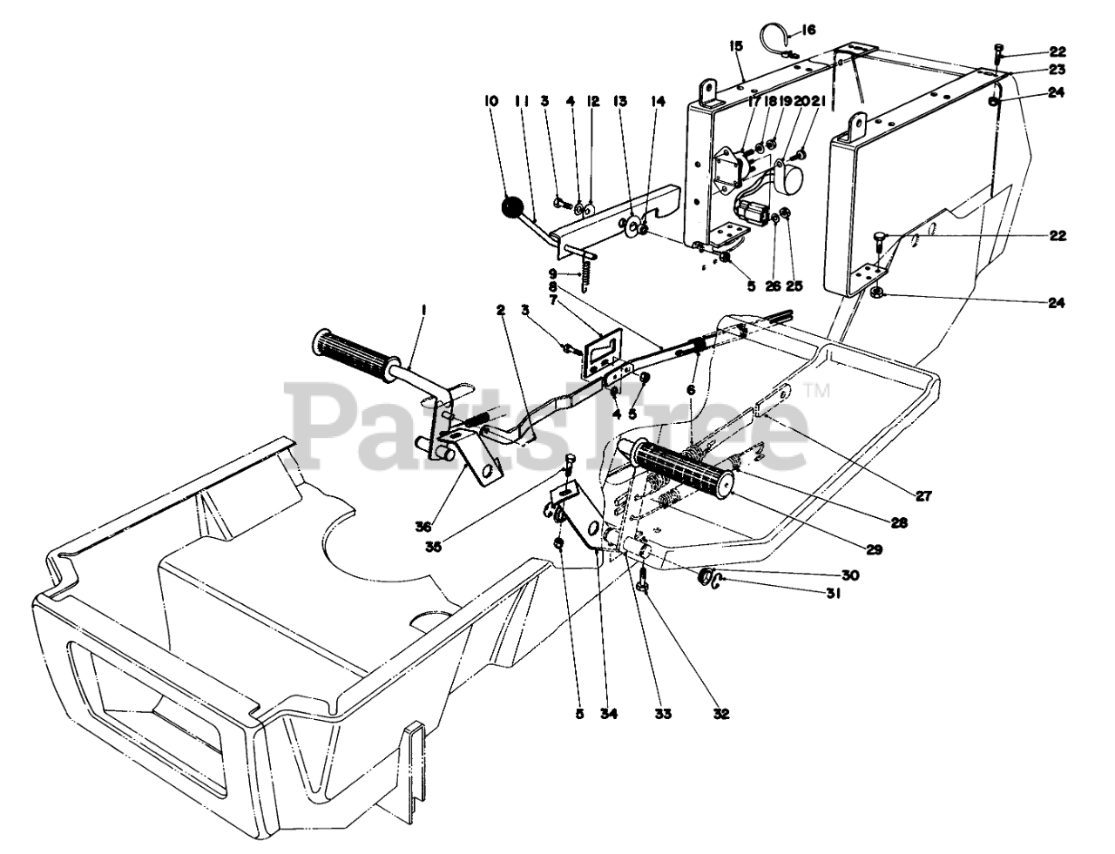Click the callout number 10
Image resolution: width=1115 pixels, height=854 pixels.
[x=490, y=101]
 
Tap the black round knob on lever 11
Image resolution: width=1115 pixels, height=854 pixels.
[x=510, y=210]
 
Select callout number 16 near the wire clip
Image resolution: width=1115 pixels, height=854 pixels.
[x=808, y=30]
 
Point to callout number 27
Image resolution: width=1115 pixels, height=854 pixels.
[x=923, y=497]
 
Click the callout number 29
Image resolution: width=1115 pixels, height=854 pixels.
[x=875, y=549]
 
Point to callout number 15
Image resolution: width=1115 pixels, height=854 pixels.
[x=738, y=44]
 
